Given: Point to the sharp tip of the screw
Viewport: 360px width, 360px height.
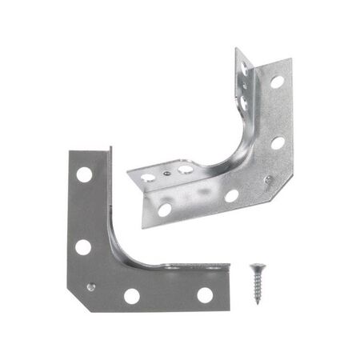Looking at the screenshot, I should (x=258, y=303).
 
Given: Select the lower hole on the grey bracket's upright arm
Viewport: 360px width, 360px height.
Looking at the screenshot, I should (x=83, y=246).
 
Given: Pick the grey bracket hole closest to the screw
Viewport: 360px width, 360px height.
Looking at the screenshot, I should (x=205, y=295).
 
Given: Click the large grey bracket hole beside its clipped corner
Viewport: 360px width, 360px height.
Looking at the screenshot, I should (x=131, y=296).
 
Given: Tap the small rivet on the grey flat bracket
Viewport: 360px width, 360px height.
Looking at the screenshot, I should (x=92, y=285).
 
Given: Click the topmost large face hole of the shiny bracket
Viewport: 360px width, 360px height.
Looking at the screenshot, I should (x=276, y=82).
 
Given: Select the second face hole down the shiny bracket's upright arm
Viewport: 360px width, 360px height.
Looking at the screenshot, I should (x=277, y=143).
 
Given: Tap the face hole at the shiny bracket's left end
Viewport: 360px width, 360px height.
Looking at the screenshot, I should (x=164, y=210).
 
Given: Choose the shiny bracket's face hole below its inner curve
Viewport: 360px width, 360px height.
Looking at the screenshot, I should (x=230, y=195).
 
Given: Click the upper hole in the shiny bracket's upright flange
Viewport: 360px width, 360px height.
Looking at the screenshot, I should (x=243, y=73).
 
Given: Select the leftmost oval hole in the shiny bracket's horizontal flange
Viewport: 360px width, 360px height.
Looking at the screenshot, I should (x=147, y=176).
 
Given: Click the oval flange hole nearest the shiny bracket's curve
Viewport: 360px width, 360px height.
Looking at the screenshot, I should (x=186, y=169).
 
